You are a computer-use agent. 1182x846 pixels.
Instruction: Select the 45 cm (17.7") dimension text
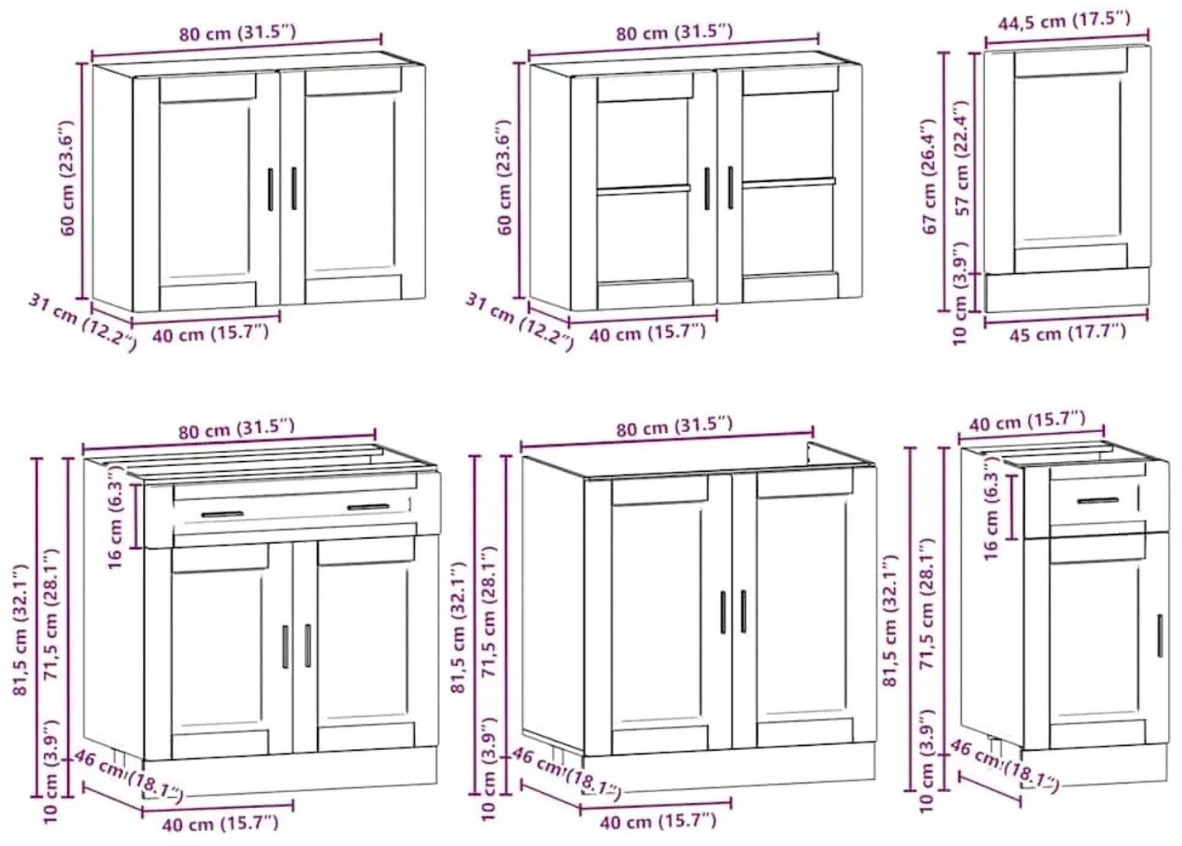[x=1068, y=333]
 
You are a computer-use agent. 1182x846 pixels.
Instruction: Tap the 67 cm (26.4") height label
[x=930, y=176]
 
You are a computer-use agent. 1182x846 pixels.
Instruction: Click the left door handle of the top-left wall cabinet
[x=271, y=190]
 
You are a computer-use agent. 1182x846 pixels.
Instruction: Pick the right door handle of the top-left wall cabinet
[x=294, y=189]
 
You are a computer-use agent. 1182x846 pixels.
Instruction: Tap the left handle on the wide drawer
[x=222, y=514]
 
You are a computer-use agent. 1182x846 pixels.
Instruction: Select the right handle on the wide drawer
[x=368, y=507]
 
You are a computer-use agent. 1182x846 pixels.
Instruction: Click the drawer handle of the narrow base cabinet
[x=1098, y=500]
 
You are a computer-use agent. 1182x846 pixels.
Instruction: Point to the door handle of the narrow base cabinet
[x=1160, y=636]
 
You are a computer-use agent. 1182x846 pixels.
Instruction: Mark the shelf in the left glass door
[x=643, y=189]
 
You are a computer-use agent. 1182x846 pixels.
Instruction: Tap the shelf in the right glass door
[x=789, y=183]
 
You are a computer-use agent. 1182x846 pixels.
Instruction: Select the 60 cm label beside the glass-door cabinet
[x=505, y=177]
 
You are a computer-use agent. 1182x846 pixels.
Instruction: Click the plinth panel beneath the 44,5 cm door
[x=1066, y=290]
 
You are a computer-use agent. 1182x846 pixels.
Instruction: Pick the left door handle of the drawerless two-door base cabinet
[x=723, y=613]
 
